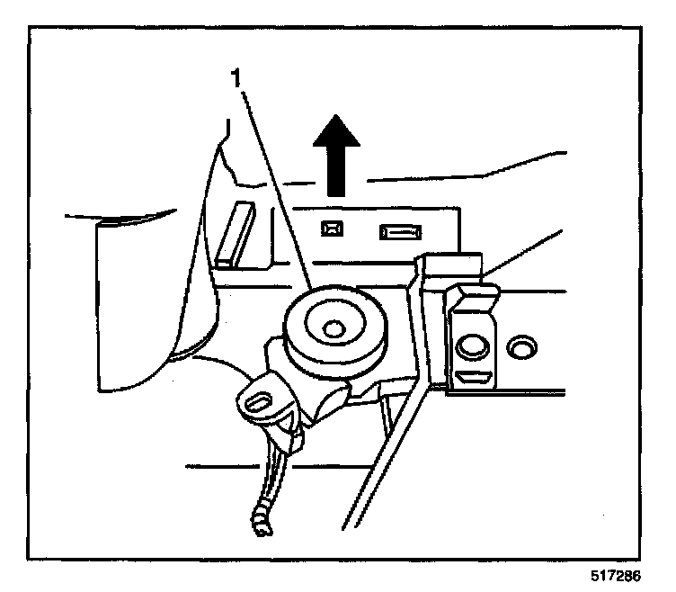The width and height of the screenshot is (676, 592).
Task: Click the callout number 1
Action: [236, 78]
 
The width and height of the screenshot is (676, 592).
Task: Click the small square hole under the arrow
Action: [330, 229]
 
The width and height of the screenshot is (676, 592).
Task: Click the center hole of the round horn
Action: [335, 330]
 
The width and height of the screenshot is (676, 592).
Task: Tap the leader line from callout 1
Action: [274, 189]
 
